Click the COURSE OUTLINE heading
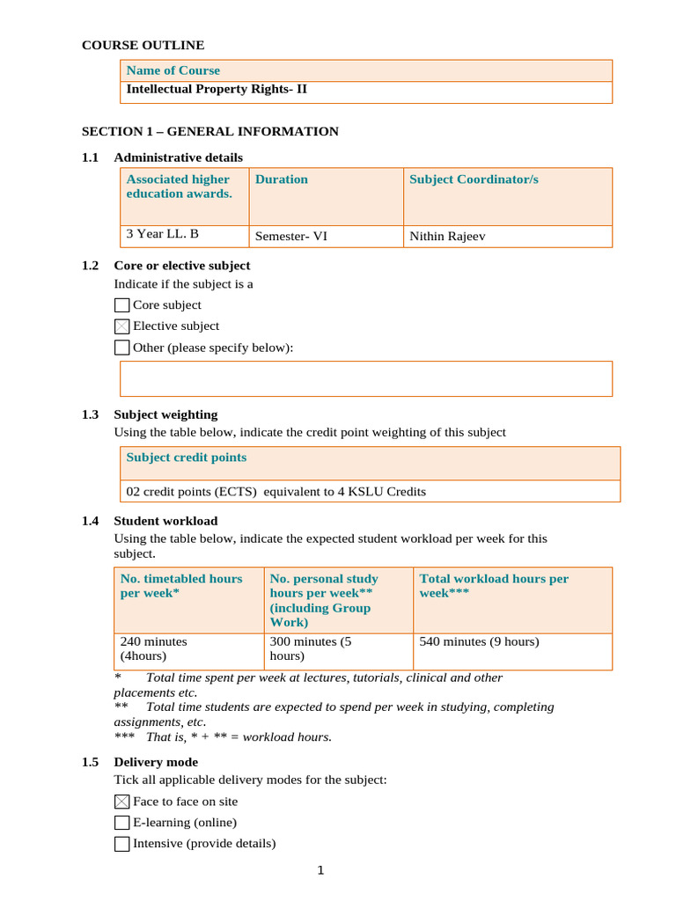143,45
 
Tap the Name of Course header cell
173,70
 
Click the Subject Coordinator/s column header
474,179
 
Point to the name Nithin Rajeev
447,236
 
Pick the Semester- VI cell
290,236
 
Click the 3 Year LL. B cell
162,235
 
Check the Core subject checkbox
122,305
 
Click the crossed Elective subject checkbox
122,326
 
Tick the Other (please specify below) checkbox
122,348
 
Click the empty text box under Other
365,378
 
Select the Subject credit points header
187,458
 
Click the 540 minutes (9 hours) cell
479,642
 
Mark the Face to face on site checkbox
122,802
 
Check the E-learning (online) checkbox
122,823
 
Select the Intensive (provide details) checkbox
122,844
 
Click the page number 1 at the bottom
321,871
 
